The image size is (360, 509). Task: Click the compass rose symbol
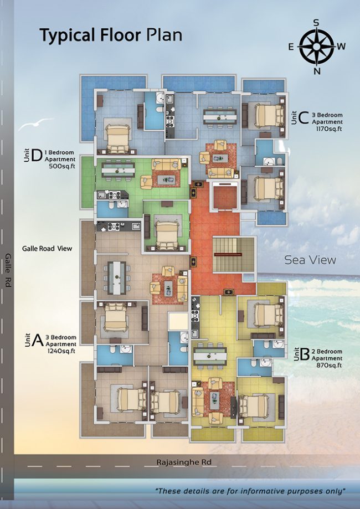[316, 47]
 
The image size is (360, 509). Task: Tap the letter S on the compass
[316, 22]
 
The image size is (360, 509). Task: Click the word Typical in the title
[67, 35]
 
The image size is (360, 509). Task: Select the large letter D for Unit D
[37, 155]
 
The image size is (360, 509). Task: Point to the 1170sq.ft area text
[329, 129]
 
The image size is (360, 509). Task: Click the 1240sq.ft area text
[61, 351]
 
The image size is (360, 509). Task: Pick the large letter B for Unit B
[305, 355]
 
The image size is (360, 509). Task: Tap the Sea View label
[310, 260]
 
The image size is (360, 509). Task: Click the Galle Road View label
[47, 249]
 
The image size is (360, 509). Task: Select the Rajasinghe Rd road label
[184, 462]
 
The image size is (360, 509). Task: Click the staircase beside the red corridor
[233, 255]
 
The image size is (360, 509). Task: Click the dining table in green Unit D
[118, 170]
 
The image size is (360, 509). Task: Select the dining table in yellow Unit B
[210, 356]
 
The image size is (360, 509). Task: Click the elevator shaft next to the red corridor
[225, 196]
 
